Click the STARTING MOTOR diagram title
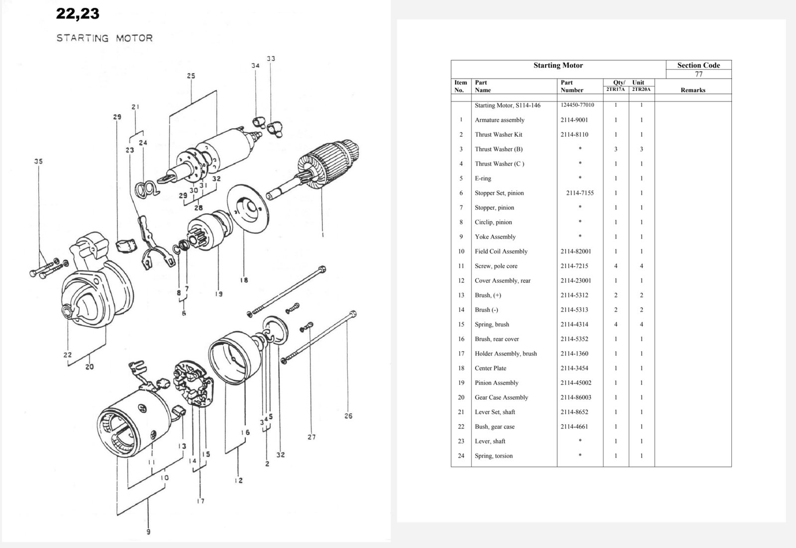(104, 38)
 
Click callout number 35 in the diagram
(38, 161)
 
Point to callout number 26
(348, 416)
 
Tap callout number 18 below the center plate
(244, 280)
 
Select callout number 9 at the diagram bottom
(148, 532)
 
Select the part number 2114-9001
(574, 120)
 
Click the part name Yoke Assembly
(495, 237)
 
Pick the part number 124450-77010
(577, 105)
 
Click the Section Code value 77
(698, 74)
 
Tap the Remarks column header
(693, 90)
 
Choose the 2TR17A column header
(615, 90)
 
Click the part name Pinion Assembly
(497, 383)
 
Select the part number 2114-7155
(580, 193)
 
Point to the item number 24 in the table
(461, 456)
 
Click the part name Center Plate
(491, 368)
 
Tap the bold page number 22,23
(78, 14)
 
